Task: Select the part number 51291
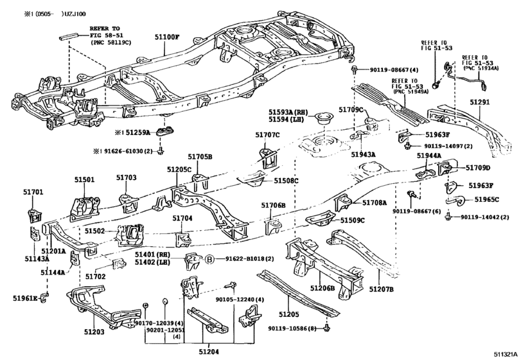(481, 102)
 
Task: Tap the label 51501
(84, 180)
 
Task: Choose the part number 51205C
(179, 169)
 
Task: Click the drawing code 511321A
(506, 354)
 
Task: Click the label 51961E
(24, 297)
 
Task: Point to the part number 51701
(33, 192)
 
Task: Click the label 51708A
(375, 203)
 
